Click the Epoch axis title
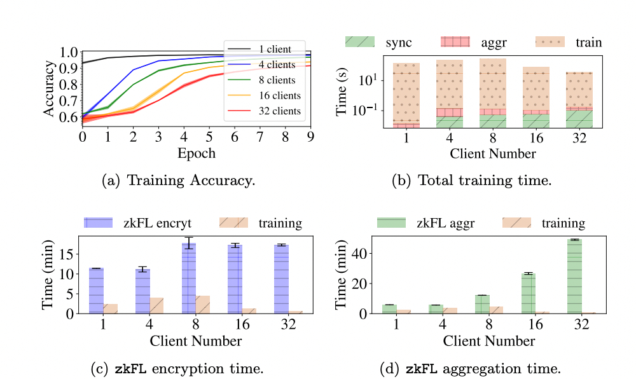pyautogui.click(x=196, y=153)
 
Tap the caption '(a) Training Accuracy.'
pyautogui.click(x=179, y=180)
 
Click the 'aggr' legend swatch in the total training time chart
pyautogui.click(x=456, y=42)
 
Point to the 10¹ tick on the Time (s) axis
pyautogui.click(x=368, y=80)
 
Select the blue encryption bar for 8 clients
pyautogui.click(x=188, y=278)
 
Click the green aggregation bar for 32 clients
pyautogui.click(x=574, y=276)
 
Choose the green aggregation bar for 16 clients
pyautogui.click(x=528, y=293)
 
